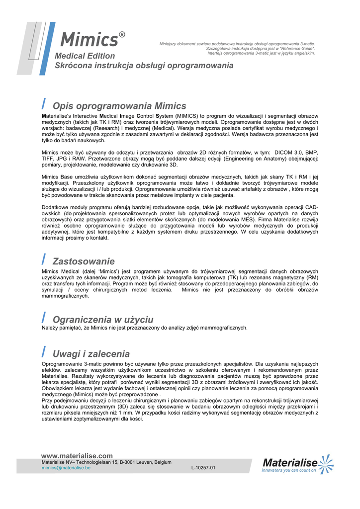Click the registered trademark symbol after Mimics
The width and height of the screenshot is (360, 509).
[x=122, y=34]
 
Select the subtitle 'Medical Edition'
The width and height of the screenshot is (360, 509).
[x=85, y=56]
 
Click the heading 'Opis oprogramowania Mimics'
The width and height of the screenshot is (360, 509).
[x=119, y=106]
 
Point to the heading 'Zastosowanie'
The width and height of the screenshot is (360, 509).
[x=84, y=261]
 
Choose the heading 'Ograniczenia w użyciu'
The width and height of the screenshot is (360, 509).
[x=103, y=319]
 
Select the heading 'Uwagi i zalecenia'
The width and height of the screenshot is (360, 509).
[x=91, y=354]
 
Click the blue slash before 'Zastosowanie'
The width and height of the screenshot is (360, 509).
[x=44, y=259]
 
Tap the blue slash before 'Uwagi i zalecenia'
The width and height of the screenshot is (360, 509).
[x=44, y=352]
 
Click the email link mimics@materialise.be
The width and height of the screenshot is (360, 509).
[x=66, y=468]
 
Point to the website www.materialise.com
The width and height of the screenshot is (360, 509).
[x=77, y=456]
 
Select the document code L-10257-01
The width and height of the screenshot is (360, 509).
[x=203, y=468]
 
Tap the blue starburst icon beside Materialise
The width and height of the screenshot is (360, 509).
[x=326, y=463]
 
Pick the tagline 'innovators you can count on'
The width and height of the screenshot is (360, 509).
[x=289, y=470]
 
